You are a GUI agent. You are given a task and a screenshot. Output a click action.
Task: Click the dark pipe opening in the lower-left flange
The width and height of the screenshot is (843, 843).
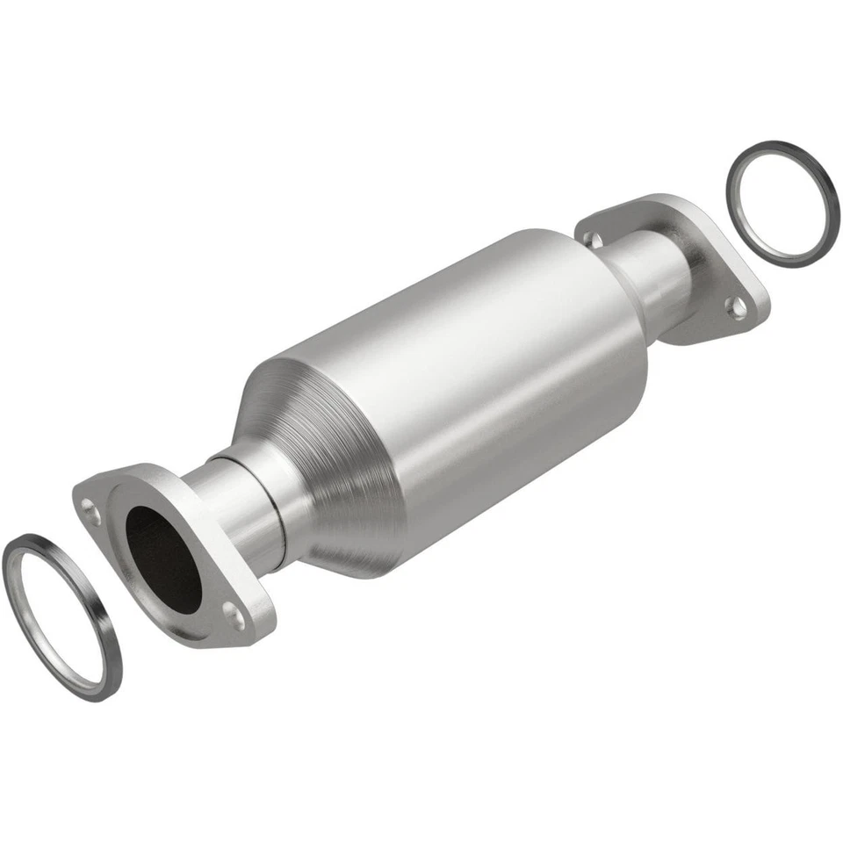click(162, 558)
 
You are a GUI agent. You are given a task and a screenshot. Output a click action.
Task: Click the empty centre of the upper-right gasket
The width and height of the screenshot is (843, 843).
click(782, 202)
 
